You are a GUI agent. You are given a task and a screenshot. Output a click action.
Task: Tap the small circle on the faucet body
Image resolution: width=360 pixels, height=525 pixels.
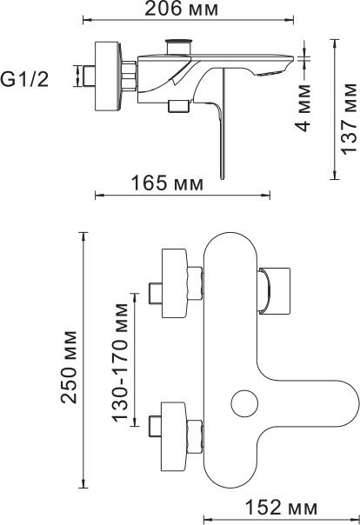pyautogui.click(x=244, y=403)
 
